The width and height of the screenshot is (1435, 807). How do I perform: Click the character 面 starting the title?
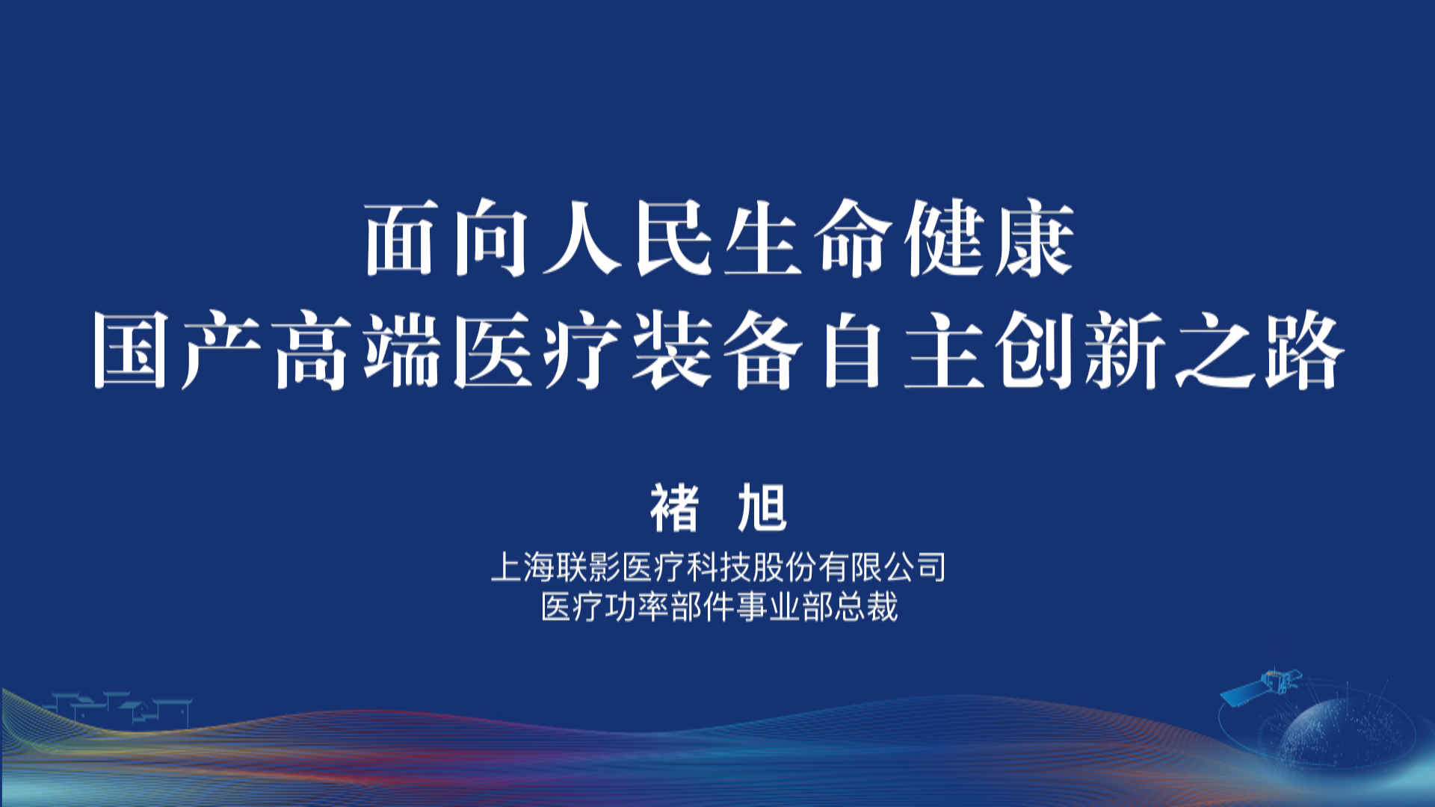pyautogui.click(x=401, y=238)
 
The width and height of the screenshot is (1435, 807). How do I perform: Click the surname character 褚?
pyautogui.click(x=675, y=508)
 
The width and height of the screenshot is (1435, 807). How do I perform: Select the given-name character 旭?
pyautogui.click(x=762, y=508)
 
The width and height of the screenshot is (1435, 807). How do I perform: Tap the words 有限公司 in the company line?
pyautogui.click(x=883, y=567)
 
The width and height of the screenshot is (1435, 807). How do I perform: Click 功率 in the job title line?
pyautogui.click(x=638, y=607)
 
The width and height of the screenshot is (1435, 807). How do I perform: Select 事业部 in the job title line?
pyautogui.click(x=786, y=607)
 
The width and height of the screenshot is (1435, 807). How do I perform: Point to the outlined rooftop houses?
pyautogui.click(x=120, y=708)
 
